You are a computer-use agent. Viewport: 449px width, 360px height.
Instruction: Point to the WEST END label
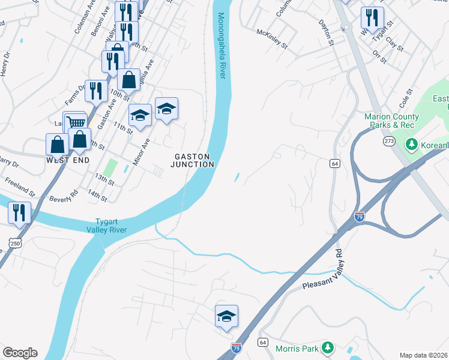pos(68,161)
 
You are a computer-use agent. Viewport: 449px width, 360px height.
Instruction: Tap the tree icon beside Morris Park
pos(327,348)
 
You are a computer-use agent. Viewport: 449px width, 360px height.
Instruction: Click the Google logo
pos(20,353)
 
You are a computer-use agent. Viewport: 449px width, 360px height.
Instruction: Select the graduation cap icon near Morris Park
pos(226,316)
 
